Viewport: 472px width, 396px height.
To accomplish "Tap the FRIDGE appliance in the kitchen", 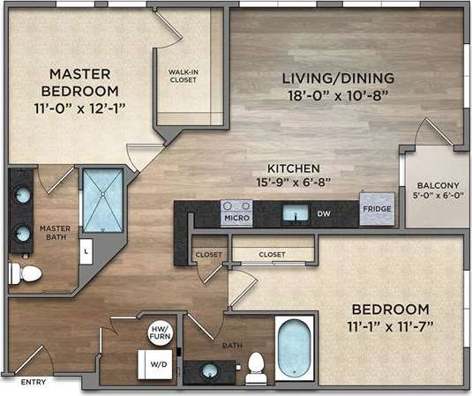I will (376, 209).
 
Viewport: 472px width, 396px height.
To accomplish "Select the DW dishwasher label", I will (324, 213).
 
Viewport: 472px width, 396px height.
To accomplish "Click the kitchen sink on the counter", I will (296, 213).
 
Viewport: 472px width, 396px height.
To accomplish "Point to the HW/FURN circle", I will (161, 332).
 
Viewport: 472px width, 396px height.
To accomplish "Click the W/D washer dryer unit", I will (155, 363).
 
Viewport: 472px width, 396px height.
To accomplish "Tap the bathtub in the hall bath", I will (294, 349).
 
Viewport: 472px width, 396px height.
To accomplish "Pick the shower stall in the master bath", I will (103, 199).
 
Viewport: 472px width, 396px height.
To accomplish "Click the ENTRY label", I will (34, 382).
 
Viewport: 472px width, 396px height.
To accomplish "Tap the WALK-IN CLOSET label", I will (183, 75).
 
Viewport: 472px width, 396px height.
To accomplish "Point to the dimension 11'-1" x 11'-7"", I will (391, 326).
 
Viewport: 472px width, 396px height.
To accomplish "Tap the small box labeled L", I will (86, 250).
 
